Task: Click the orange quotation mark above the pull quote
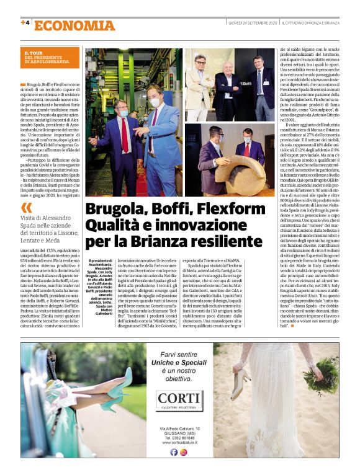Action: click(25, 207)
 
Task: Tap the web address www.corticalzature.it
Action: click(179, 442)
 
